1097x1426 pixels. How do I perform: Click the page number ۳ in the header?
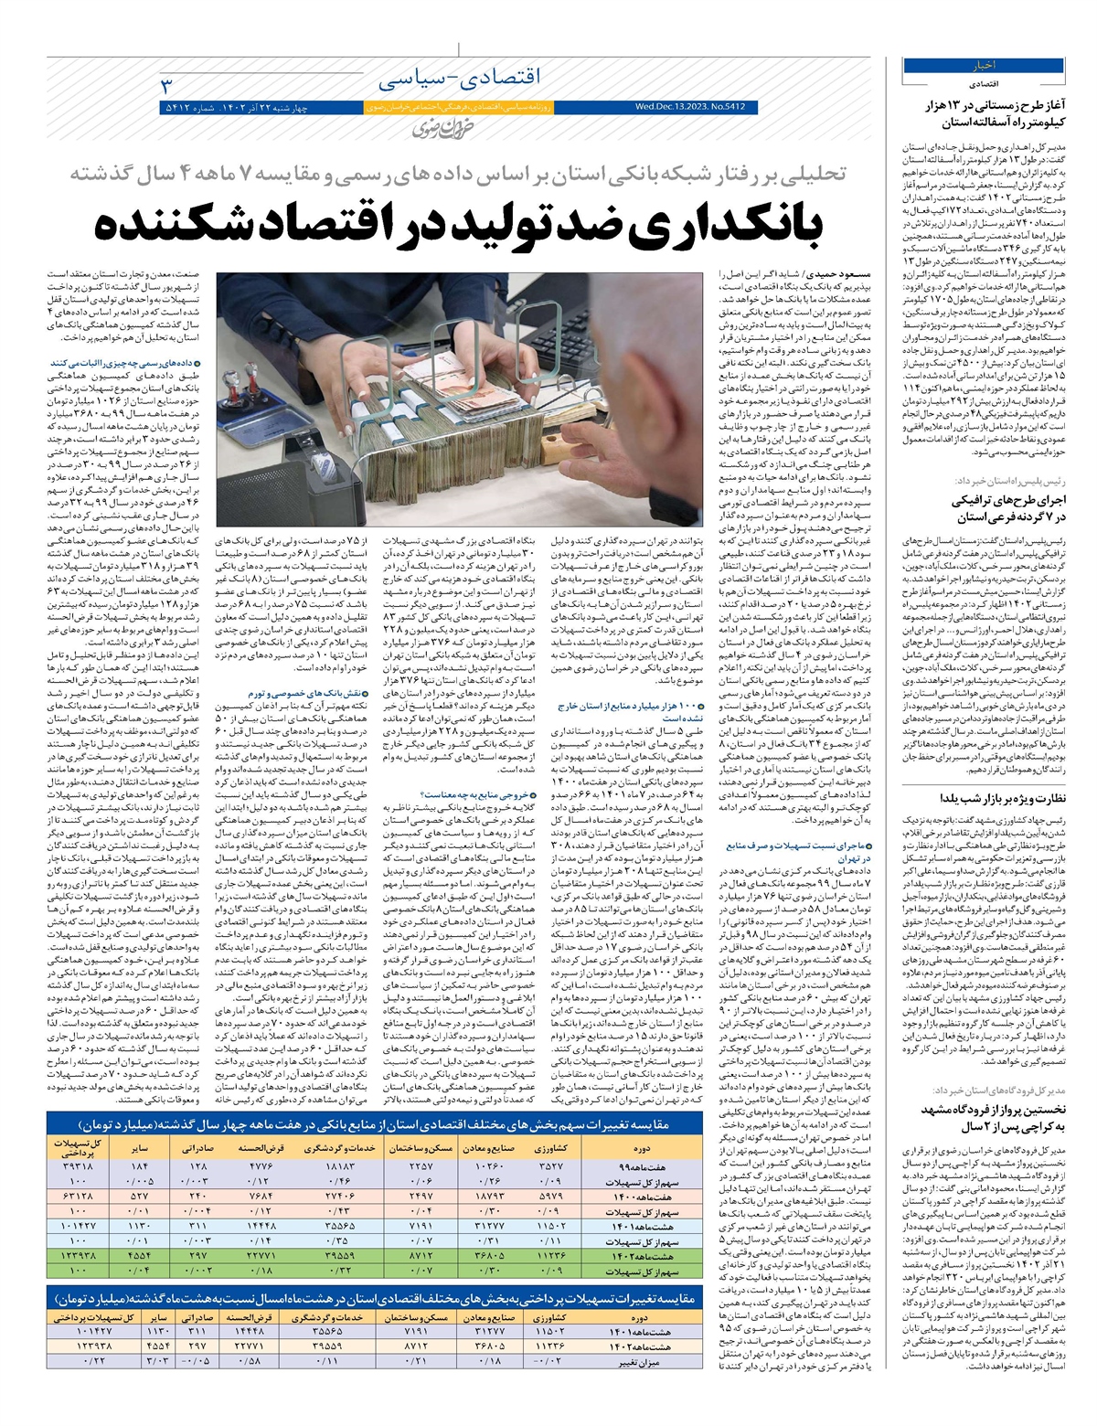tap(166, 87)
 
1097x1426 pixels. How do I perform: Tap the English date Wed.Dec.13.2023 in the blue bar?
tap(690, 107)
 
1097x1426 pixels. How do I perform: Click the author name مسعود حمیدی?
tap(826, 273)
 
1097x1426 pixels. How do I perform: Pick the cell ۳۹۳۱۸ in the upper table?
tap(78, 1167)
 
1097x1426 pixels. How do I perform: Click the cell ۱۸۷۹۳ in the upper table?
tap(489, 1197)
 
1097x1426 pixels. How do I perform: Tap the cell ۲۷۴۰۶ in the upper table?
tap(341, 1197)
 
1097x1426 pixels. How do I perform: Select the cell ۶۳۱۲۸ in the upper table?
tap(78, 1197)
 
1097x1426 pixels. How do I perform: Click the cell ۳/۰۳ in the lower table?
tap(155, 1362)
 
